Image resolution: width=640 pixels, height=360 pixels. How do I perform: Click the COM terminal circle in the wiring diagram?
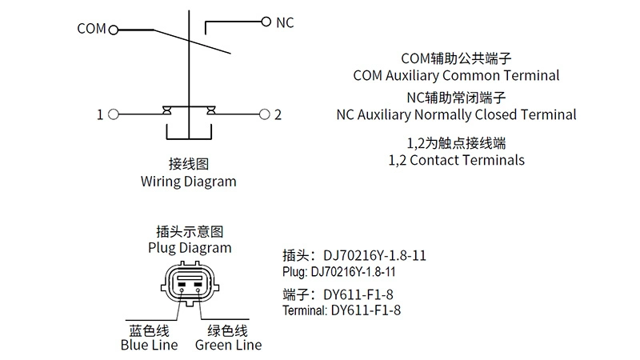[x=113, y=30]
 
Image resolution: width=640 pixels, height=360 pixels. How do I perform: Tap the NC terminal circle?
[x=266, y=22]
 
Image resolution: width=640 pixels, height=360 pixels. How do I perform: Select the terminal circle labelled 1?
[x=113, y=115]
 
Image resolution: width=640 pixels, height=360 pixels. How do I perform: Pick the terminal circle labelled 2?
[x=266, y=115]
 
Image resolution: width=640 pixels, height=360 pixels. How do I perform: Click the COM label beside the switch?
[x=91, y=30]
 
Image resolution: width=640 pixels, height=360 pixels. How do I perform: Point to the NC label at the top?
[x=285, y=22]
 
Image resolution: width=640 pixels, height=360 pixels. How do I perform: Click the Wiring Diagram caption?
[x=189, y=182]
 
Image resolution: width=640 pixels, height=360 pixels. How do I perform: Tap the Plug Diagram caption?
[x=190, y=247]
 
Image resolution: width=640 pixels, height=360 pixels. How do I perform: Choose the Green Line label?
[x=228, y=346]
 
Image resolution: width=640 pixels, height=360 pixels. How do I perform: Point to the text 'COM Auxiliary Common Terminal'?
[x=456, y=76]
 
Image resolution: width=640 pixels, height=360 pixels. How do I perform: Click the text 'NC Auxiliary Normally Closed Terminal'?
[x=456, y=114]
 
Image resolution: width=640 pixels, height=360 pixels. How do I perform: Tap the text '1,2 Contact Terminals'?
[x=456, y=160]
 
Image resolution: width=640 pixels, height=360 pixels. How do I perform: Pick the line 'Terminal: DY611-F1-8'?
[x=342, y=310]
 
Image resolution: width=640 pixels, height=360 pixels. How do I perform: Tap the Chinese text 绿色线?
[x=228, y=330]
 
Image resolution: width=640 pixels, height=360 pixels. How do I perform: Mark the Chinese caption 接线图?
[x=189, y=164]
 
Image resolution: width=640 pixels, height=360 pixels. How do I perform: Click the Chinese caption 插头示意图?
[x=190, y=231]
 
